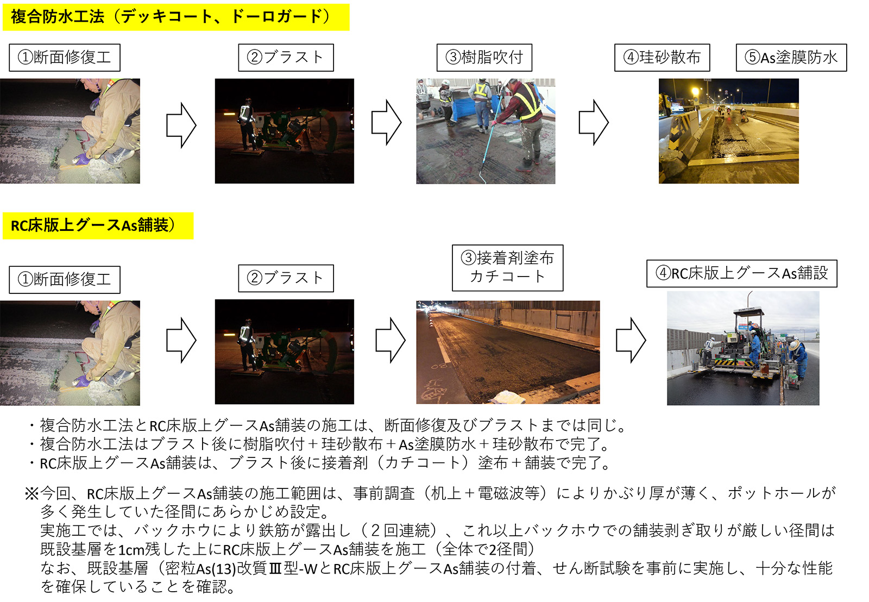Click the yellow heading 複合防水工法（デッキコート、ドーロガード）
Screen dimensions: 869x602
click(176, 17)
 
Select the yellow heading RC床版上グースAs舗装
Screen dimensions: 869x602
click(98, 225)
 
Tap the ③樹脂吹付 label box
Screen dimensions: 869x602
click(484, 58)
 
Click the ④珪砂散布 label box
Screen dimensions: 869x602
click(662, 58)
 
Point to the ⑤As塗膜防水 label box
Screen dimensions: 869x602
click(791, 58)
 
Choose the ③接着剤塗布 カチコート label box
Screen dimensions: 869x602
click(507, 268)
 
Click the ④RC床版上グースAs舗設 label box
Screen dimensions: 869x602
click(741, 274)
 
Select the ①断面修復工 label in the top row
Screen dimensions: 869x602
click(65, 58)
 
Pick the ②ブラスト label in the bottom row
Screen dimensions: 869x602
click(286, 278)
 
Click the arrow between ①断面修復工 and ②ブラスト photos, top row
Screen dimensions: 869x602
click(181, 125)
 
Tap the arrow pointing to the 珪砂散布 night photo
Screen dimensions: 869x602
click(594, 122)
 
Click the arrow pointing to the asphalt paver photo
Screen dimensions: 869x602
click(631, 341)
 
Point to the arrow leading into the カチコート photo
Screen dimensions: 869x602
click(391, 341)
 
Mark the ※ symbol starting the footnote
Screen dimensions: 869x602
click(32, 494)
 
